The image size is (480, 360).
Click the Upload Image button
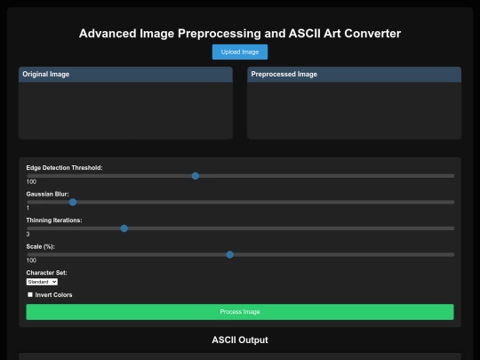(240, 52)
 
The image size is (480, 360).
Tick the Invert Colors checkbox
(30, 294)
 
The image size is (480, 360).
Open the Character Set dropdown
(42, 282)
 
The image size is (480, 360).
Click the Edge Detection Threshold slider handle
(196, 176)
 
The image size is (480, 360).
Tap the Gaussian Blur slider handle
(73, 203)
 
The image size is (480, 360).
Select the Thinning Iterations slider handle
(124, 228)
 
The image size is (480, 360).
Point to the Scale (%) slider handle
(230, 255)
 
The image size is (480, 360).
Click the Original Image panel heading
(46, 75)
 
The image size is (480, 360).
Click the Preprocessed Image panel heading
(284, 75)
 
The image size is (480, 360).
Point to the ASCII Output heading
(240, 340)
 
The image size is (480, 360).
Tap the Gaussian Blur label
(47, 194)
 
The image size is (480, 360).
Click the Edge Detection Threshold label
(64, 168)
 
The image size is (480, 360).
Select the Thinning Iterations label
(54, 220)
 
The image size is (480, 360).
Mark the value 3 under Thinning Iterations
(28, 234)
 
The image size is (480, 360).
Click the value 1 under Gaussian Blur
(28, 208)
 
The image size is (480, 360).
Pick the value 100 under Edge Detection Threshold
(31, 182)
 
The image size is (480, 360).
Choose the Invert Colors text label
(53, 295)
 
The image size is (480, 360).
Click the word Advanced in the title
(108, 34)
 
